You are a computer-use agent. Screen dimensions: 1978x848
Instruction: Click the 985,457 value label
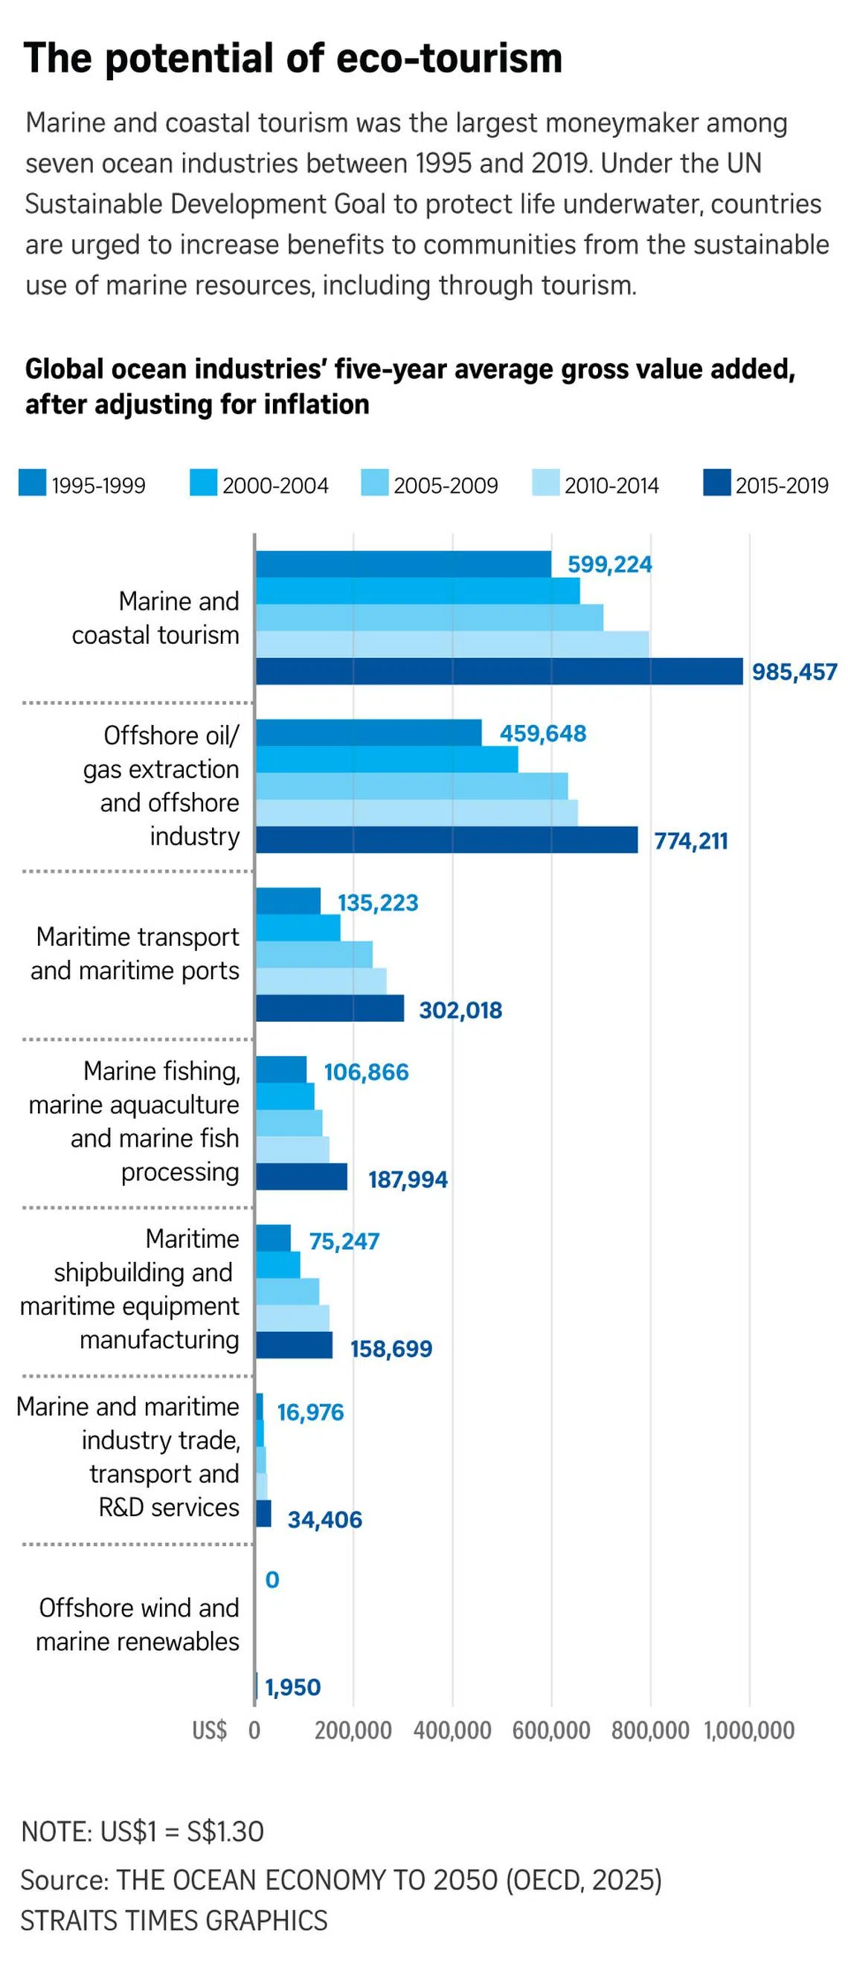tap(794, 672)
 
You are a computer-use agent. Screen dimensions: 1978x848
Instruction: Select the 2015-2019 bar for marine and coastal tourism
tap(499, 671)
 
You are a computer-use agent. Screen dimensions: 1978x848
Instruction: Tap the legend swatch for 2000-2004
tap(204, 483)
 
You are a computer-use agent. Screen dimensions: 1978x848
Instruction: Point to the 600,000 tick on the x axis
tap(550, 1730)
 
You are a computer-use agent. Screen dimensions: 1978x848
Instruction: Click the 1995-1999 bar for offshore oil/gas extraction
tap(369, 732)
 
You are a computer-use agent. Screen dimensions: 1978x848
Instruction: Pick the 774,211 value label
tap(690, 841)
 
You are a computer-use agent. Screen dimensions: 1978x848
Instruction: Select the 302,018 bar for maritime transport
tap(330, 1008)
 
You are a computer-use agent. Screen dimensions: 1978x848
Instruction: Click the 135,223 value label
tap(377, 902)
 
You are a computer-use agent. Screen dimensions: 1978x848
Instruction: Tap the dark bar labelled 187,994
tap(301, 1176)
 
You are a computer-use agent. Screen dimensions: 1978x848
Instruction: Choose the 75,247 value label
tap(344, 1241)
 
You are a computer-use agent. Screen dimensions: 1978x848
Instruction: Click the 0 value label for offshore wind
tap(272, 1579)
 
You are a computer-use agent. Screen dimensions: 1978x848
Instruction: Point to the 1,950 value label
tap(292, 1687)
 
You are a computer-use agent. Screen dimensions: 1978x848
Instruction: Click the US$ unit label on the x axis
tap(209, 1730)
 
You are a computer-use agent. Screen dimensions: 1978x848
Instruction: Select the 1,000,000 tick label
tap(749, 1730)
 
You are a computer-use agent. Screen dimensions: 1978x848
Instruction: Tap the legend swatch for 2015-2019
tap(716, 483)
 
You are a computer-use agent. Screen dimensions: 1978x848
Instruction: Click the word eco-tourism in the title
tap(449, 58)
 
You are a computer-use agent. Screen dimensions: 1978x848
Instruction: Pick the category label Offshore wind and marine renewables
tap(138, 1624)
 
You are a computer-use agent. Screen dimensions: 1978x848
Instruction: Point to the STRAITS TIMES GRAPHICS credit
tap(173, 1920)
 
